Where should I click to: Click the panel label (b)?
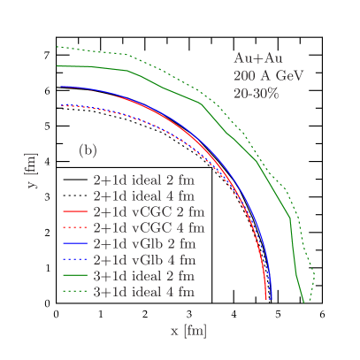pos(88,150)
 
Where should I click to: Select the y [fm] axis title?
pos(32,172)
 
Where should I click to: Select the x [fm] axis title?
pos(188,331)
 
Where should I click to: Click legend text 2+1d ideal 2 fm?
pos(142,179)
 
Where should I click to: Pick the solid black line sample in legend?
pos(74,180)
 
